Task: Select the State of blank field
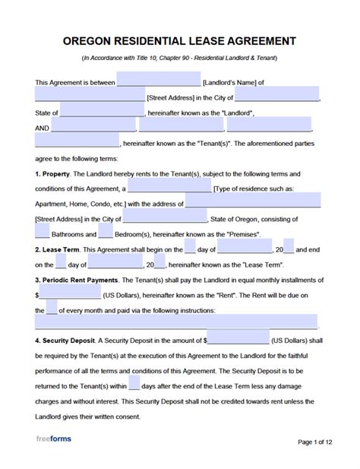tap(100, 112)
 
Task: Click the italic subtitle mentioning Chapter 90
tap(179, 59)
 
